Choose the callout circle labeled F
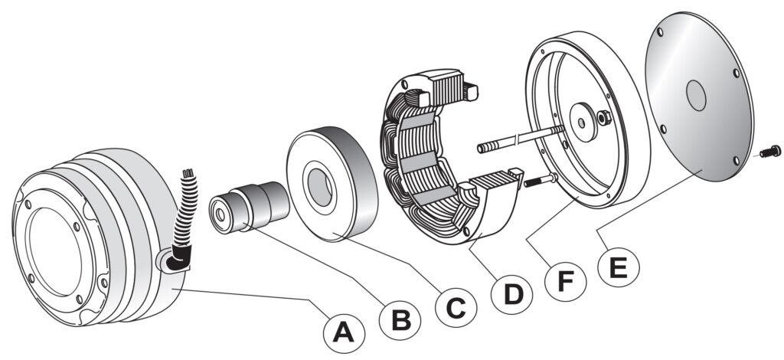[x=565, y=281]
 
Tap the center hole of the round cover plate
[x=696, y=96]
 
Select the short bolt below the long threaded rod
[x=539, y=182]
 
